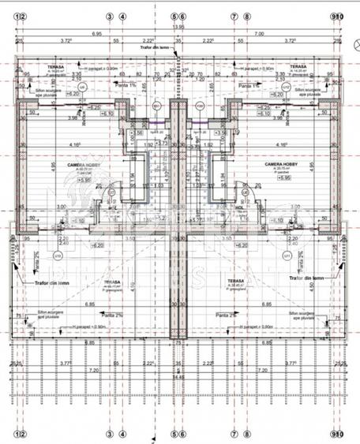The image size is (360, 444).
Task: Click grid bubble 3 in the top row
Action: (109, 16)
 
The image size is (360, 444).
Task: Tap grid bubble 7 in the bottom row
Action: (234, 433)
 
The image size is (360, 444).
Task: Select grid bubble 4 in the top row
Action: (122, 16)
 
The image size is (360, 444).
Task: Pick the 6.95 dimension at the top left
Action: (96, 33)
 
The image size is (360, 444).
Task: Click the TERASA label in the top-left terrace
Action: (54, 67)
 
